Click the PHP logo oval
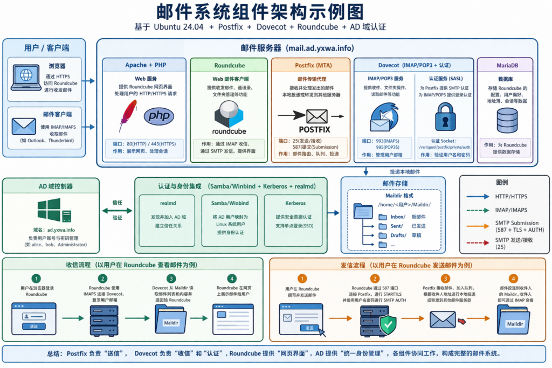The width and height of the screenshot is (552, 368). click(159, 116)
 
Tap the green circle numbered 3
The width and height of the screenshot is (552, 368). click(171, 279)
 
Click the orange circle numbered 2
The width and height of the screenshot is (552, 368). click(374, 279)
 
